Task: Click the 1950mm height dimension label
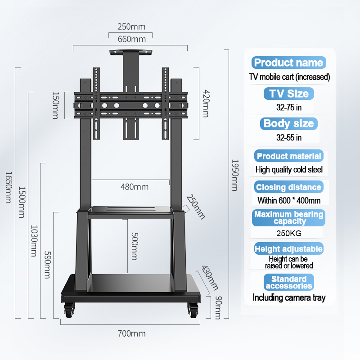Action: tap(235, 175)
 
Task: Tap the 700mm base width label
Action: tap(131, 333)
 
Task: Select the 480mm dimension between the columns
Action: tap(135, 187)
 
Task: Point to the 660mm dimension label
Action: tap(132, 39)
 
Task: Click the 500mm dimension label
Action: tap(135, 246)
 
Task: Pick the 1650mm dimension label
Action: tap(9, 187)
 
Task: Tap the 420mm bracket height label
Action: tap(206, 103)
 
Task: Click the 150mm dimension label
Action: tap(56, 105)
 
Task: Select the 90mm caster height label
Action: tap(219, 308)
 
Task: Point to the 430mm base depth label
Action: tap(210, 278)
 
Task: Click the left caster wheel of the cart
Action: tap(69, 310)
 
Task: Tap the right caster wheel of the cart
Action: tap(193, 310)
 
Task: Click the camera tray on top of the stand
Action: tap(131, 52)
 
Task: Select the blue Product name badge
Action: tap(288, 63)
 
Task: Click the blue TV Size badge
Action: tap(288, 94)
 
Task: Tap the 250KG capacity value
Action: tap(289, 233)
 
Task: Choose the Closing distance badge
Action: tap(288, 187)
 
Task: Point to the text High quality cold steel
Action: tap(289, 170)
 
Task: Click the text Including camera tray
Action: tap(289, 297)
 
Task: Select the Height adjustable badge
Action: tap(288, 249)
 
